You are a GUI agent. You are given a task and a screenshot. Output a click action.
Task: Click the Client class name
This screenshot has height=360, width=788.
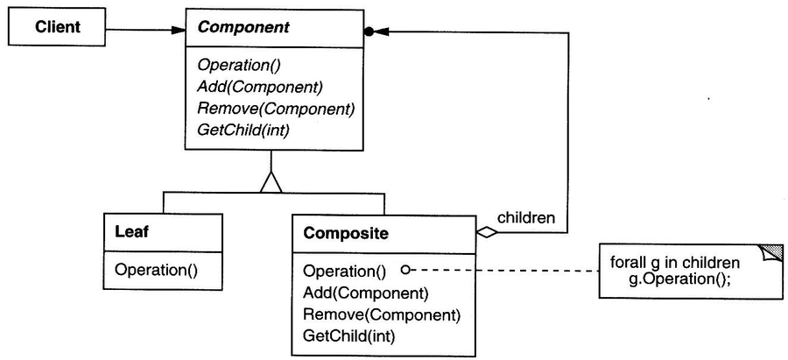click(x=57, y=26)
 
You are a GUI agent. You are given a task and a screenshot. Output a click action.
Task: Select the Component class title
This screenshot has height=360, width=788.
click(x=243, y=26)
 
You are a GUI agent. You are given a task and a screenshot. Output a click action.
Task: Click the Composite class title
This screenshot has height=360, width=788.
click(x=346, y=234)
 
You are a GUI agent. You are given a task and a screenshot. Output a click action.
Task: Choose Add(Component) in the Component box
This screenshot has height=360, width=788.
click(x=260, y=87)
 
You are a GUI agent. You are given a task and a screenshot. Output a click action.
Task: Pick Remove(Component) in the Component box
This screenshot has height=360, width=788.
click(x=277, y=109)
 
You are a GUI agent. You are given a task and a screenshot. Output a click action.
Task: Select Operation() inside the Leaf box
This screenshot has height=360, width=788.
click(x=157, y=270)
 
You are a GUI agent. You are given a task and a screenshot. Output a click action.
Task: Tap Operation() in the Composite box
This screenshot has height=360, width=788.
click(x=344, y=272)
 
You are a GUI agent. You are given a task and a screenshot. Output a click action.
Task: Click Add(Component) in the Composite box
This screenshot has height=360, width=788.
click(x=365, y=293)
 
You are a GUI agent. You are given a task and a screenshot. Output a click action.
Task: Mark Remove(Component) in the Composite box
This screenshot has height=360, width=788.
click(x=382, y=314)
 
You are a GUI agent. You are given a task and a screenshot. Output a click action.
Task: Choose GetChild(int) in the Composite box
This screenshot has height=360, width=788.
click(x=349, y=335)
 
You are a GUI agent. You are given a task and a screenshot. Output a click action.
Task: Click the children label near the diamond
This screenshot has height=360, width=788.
click(x=526, y=218)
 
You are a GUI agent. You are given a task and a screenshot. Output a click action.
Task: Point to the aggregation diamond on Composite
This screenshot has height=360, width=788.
click(x=487, y=232)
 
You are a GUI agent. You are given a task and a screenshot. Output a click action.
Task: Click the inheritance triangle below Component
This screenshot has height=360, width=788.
click(x=271, y=181)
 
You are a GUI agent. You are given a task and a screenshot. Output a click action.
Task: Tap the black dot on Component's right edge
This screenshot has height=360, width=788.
click(x=369, y=32)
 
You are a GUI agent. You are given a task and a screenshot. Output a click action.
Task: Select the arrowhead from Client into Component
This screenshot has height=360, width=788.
click(x=178, y=30)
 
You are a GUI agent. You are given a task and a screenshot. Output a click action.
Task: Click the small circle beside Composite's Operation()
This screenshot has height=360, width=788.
click(x=405, y=271)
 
